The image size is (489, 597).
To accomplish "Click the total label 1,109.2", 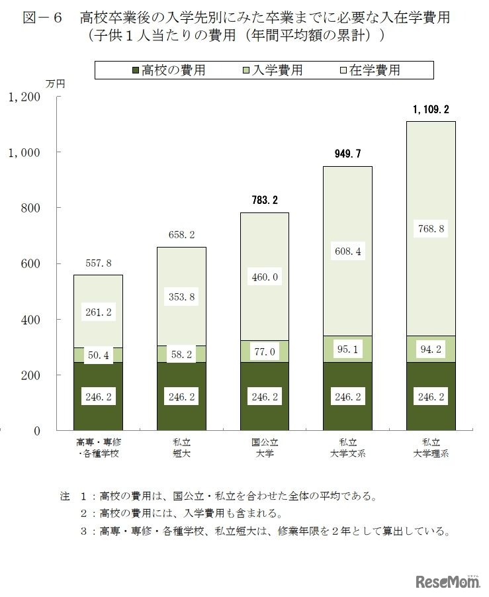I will coord(431,109).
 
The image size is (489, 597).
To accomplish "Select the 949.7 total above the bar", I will coord(347,154).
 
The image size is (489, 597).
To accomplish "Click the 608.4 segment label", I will coord(347,251).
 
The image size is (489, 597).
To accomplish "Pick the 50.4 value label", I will coord(98,356).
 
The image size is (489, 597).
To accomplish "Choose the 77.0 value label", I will coord(265,352).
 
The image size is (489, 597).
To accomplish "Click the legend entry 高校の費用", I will coord(168,69).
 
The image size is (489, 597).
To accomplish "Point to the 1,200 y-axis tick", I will coord(24,97).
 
